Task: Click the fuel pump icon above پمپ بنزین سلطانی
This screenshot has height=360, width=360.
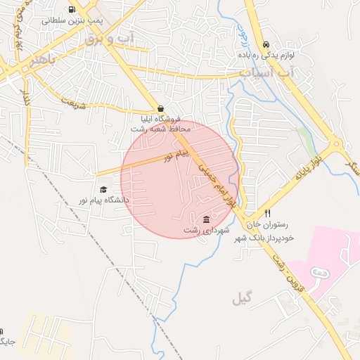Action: [72, 10]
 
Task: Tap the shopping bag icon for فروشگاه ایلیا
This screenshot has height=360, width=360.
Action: [162, 109]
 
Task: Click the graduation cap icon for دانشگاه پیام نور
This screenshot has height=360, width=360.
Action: [104, 190]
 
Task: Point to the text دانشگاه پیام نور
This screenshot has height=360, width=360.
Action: [103, 201]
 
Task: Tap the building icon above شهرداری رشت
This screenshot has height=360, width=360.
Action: [206, 219]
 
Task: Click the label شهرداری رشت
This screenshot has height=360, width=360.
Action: [202, 230]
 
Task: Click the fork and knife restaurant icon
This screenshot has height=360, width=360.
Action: [267, 213]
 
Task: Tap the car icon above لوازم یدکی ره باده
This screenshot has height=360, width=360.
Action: [265, 44]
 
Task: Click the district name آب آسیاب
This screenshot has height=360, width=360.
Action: [267, 72]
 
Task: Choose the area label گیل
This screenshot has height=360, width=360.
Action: [241, 299]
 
